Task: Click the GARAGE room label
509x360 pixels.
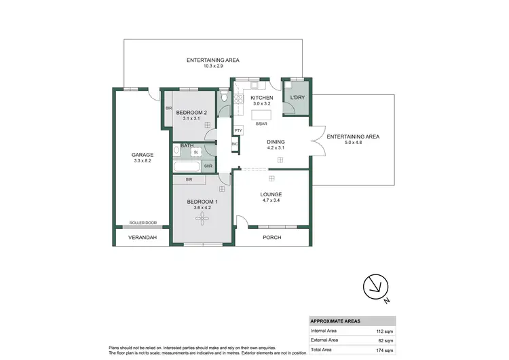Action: click(x=143, y=155)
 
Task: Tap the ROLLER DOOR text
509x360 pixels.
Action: click(x=143, y=223)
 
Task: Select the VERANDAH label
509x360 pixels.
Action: click(x=143, y=237)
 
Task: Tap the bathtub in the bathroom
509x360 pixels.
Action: click(x=187, y=166)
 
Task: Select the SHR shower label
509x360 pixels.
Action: click(x=207, y=166)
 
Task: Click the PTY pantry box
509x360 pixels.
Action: click(x=238, y=130)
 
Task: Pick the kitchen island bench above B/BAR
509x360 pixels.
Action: click(x=261, y=115)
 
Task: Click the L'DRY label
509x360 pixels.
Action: click(x=297, y=98)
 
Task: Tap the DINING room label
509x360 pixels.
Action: click(x=276, y=141)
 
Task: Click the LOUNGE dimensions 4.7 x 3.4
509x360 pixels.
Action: click(x=271, y=201)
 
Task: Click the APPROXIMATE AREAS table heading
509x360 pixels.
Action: click(x=335, y=322)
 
